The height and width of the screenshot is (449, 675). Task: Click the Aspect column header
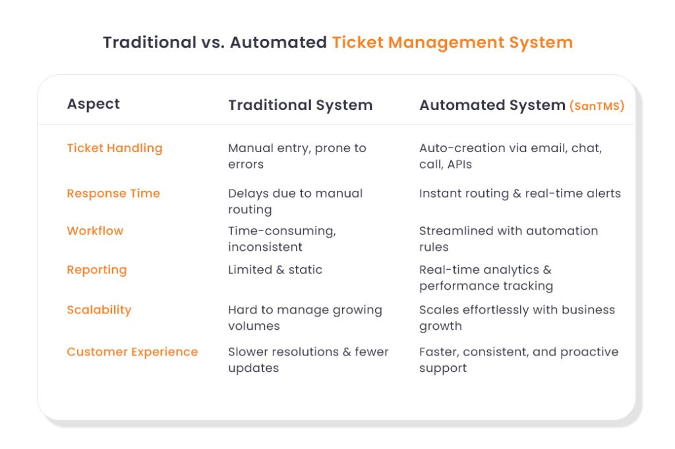pyautogui.click(x=94, y=104)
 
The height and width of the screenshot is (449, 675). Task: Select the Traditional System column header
pyautogui.click(x=300, y=105)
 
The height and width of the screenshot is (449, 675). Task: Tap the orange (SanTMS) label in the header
pyautogui.click(x=597, y=106)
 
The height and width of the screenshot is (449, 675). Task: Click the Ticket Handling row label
pyautogui.click(x=115, y=148)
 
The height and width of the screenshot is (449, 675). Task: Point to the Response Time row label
pyautogui.click(x=113, y=194)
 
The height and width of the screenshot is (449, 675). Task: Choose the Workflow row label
pyautogui.click(x=95, y=231)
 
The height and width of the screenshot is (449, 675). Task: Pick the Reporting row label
pyautogui.click(x=97, y=270)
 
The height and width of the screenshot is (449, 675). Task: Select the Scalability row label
pyautogui.click(x=99, y=309)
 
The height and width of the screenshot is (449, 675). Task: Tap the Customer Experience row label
pyautogui.click(x=132, y=352)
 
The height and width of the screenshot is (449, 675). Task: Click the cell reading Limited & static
pyautogui.click(x=275, y=270)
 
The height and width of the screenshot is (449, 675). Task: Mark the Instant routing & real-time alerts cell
pyautogui.click(x=520, y=194)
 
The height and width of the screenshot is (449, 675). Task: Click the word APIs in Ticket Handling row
pyautogui.click(x=459, y=165)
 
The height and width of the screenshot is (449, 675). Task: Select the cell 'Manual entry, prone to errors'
pyautogui.click(x=297, y=156)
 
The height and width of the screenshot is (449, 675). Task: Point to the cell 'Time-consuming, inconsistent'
pyautogui.click(x=282, y=239)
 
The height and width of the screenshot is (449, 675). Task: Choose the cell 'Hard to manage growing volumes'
pyautogui.click(x=305, y=318)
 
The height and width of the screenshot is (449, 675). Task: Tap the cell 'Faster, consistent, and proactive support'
pyautogui.click(x=519, y=360)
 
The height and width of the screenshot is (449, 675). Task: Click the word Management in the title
pyautogui.click(x=446, y=43)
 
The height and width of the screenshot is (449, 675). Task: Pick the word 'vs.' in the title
pyautogui.click(x=213, y=43)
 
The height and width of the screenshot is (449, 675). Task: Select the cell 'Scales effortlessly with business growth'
pyautogui.click(x=517, y=318)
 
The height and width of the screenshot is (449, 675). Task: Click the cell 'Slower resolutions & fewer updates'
pyautogui.click(x=308, y=360)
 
